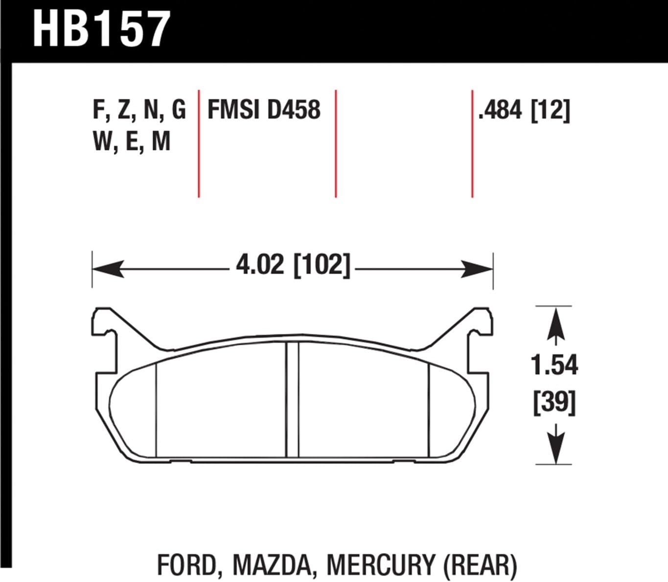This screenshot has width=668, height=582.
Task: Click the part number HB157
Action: coord(101,29)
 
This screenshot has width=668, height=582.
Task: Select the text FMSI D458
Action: coord(264,110)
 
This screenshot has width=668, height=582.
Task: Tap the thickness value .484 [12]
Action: coord(524,111)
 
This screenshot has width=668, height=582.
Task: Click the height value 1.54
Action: coord(554,365)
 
